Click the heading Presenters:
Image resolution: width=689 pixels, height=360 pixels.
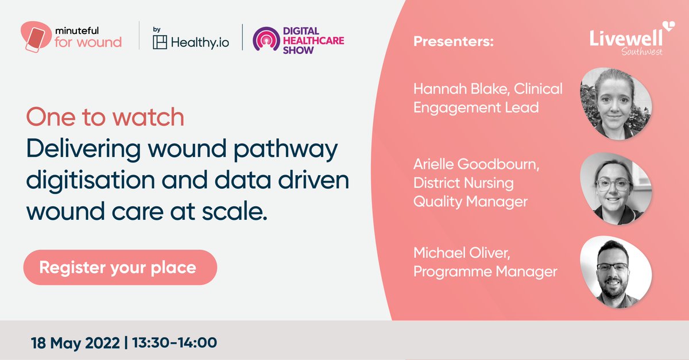tap(453, 42)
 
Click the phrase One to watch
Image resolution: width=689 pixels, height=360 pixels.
tap(105, 118)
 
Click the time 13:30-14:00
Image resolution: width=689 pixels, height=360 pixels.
tap(175, 343)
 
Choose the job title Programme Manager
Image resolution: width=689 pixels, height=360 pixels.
tap(485, 271)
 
